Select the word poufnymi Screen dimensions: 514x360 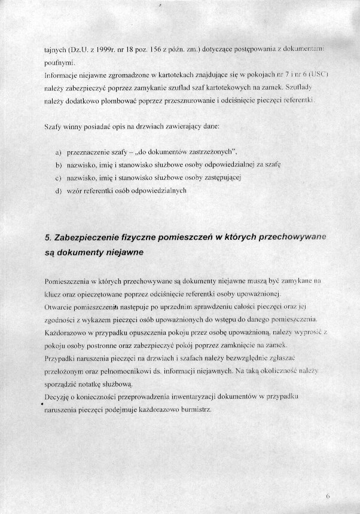(x=59, y=62)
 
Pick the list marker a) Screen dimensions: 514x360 (x=58, y=151)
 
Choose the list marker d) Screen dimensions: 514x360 (x=58, y=191)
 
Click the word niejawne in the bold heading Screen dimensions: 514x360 (x=123, y=253)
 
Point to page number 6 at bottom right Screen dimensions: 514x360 (x=328, y=496)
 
